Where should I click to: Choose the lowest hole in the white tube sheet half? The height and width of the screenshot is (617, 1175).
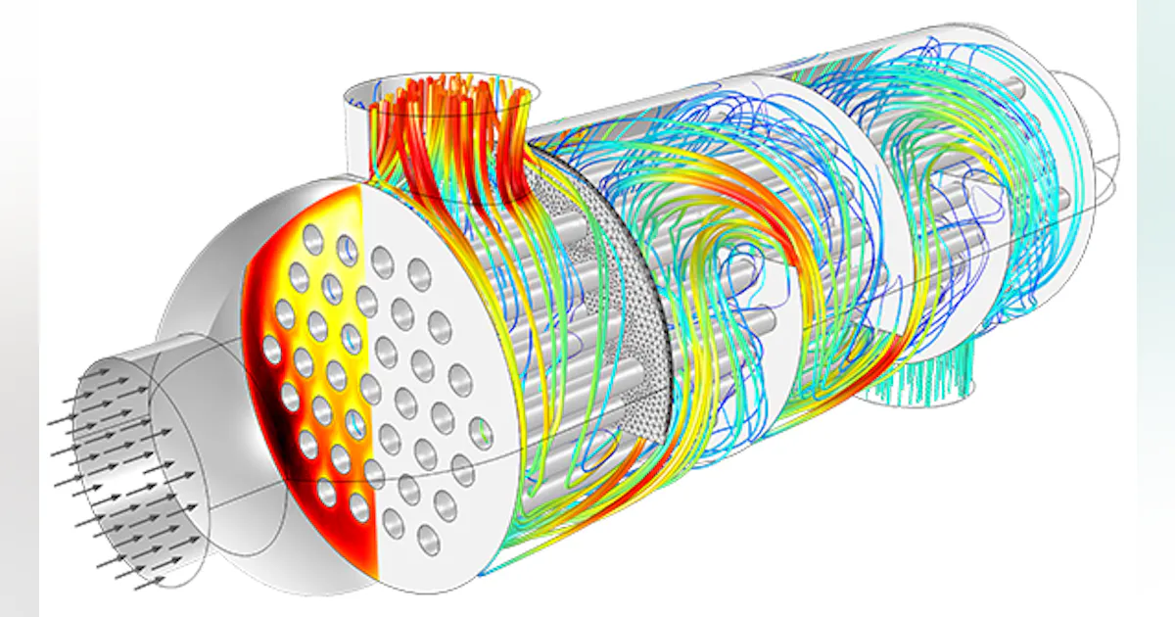[428, 536]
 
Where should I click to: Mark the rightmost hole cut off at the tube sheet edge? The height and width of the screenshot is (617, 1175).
[481, 429]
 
